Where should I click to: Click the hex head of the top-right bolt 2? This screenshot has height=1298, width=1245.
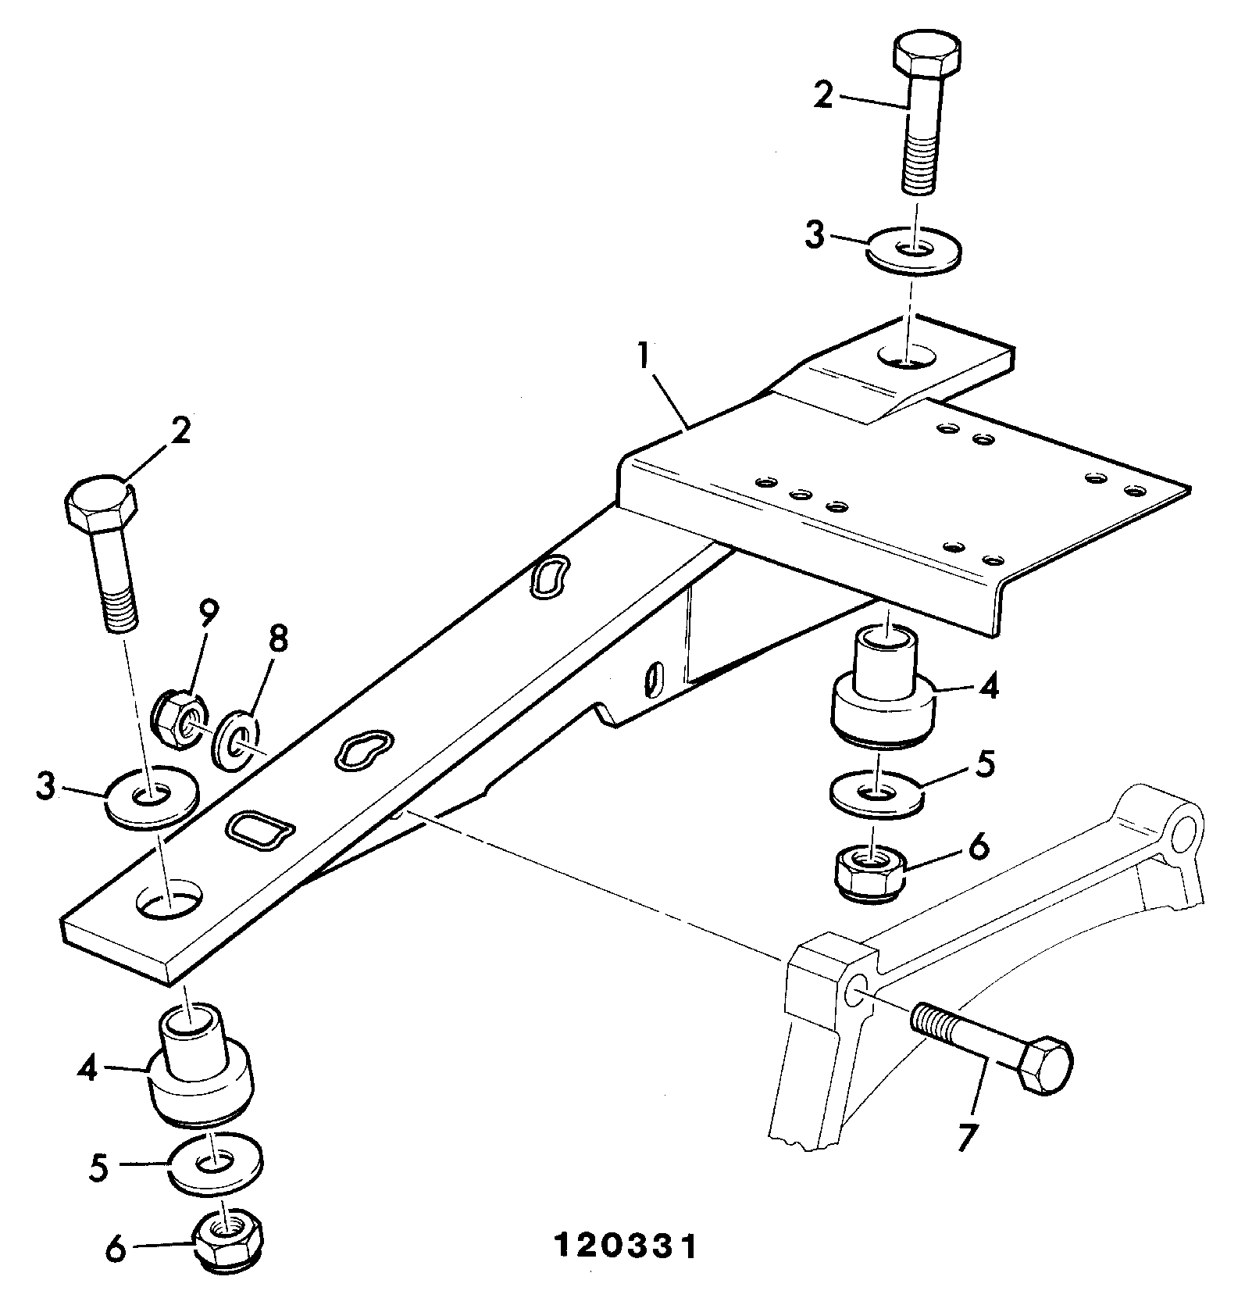pos(926,55)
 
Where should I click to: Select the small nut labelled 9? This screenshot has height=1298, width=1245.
pos(177,718)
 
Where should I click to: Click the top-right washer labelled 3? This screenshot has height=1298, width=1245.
pos(914,252)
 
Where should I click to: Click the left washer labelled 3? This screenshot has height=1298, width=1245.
pos(152,800)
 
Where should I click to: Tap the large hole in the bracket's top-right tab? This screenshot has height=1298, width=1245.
pos(907,356)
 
